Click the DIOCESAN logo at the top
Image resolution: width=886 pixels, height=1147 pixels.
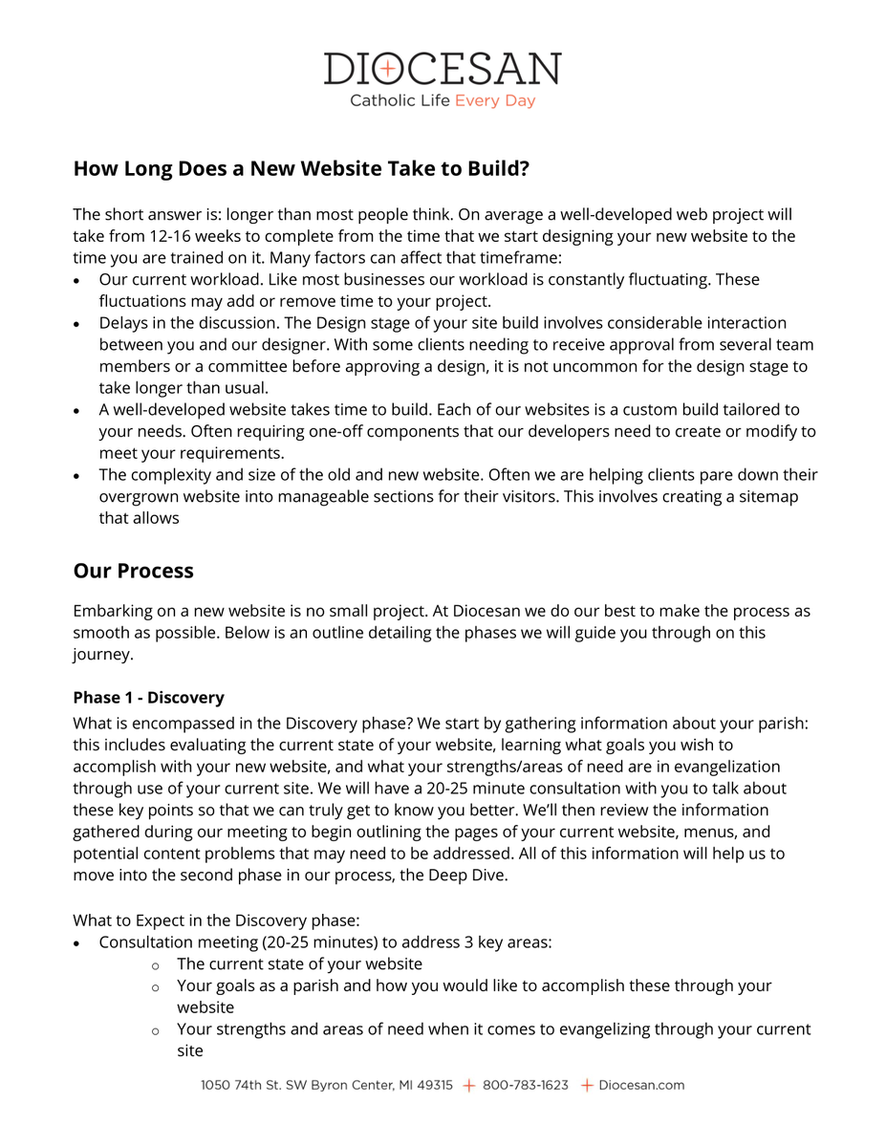click(443, 69)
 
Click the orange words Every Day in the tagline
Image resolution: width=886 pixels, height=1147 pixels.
click(495, 100)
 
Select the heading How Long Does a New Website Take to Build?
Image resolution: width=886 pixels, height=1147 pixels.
click(301, 169)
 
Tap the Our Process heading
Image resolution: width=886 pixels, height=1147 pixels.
click(133, 571)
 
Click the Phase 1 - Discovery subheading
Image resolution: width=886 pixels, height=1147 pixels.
click(148, 698)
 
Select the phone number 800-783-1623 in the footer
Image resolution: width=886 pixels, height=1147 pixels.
click(525, 1085)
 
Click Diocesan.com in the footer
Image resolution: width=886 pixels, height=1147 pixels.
click(641, 1085)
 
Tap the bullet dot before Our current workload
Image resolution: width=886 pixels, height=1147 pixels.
click(77, 281)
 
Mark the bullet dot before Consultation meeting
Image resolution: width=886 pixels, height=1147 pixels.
click(77, 943)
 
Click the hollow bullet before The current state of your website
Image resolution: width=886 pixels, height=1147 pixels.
click(155, 965)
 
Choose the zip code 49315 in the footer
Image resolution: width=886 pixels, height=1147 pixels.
click(435, 1085)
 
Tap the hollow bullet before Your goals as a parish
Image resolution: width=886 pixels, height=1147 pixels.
click(155, 986)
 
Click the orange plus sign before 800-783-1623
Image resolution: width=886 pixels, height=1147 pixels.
click(468, 1085)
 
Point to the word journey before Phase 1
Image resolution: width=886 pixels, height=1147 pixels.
click(101, 656)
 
